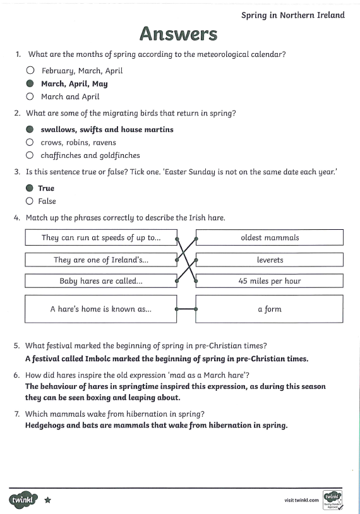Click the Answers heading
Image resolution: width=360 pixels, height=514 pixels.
pos(178,33)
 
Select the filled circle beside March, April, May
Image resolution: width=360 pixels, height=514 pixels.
pos(30,83)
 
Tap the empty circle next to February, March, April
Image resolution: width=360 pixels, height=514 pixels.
pos(30,70)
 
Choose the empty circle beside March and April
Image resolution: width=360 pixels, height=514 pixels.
pos(30,97)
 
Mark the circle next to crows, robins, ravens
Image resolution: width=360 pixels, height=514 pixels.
pos(30,142)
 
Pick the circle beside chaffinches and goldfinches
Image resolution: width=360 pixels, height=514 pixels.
pos(30,155)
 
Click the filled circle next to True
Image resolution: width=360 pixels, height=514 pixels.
pos(30,188)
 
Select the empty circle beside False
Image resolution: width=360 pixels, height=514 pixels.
pos(30,201)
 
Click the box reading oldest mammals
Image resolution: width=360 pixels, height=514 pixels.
pos(270,237)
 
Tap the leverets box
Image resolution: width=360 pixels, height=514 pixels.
pos(270,260)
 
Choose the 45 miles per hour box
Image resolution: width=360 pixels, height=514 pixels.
pos(270,281)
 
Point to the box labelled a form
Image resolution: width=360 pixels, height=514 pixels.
pos(270,309)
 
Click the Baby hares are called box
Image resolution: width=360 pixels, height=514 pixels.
pos(101,281)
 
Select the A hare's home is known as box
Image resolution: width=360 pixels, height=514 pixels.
pos(101,309)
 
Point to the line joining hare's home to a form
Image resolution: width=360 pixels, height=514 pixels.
pos(186,309)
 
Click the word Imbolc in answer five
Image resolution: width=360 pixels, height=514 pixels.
pos(98,359)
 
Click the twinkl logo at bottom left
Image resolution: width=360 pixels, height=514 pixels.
pos(23,500)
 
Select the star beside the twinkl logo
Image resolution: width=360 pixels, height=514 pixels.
pos(48,500)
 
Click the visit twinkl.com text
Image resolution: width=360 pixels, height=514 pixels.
pos(302,500)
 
